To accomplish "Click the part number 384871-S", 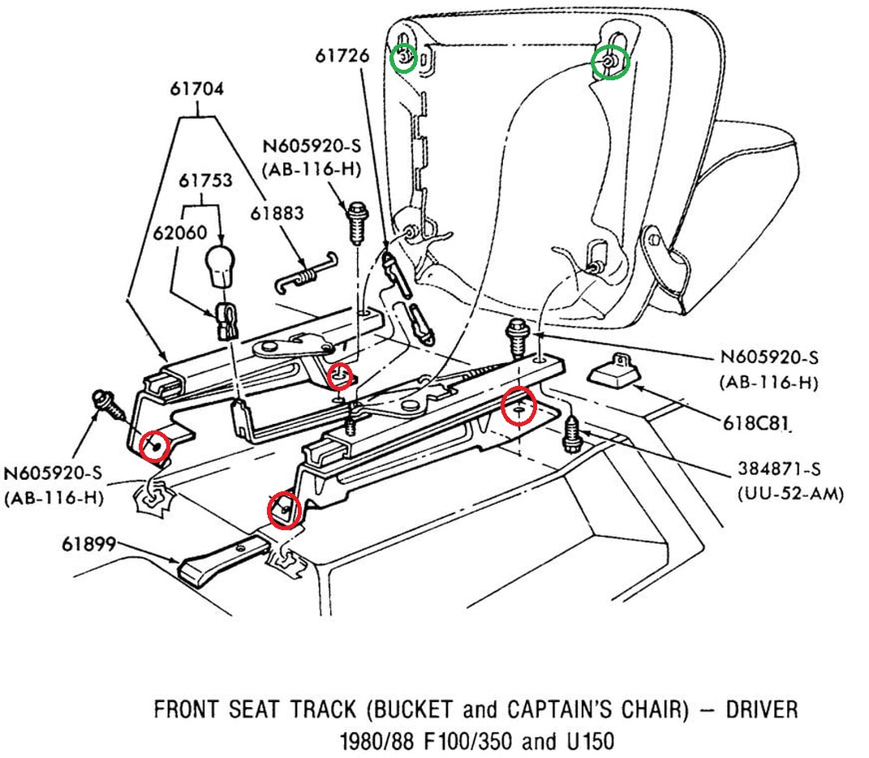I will [781, 469].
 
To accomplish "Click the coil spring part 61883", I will [305, 272].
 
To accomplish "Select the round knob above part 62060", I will [222, 265].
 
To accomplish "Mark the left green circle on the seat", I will [403, 58].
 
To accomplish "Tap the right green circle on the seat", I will [609, 62].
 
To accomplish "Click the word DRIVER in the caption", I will [759, 710].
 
